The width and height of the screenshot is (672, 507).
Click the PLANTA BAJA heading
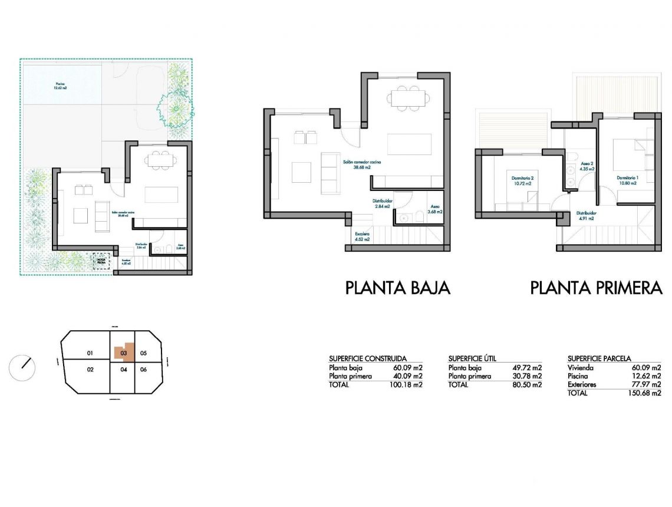[397, 288]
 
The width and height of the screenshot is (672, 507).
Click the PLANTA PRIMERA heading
[597, 288]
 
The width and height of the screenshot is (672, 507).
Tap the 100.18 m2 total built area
[407, 384]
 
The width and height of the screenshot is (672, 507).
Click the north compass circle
[22, 368]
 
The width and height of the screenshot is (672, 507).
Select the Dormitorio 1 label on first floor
[628, 180]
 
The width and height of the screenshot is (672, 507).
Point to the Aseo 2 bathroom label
[587, 166]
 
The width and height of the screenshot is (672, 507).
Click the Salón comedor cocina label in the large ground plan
[362, 164]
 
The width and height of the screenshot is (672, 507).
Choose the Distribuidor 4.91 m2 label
[587, 216]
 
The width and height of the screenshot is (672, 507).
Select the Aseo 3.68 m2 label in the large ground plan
[436, 209]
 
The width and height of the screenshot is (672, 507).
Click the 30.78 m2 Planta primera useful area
[527, 376]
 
